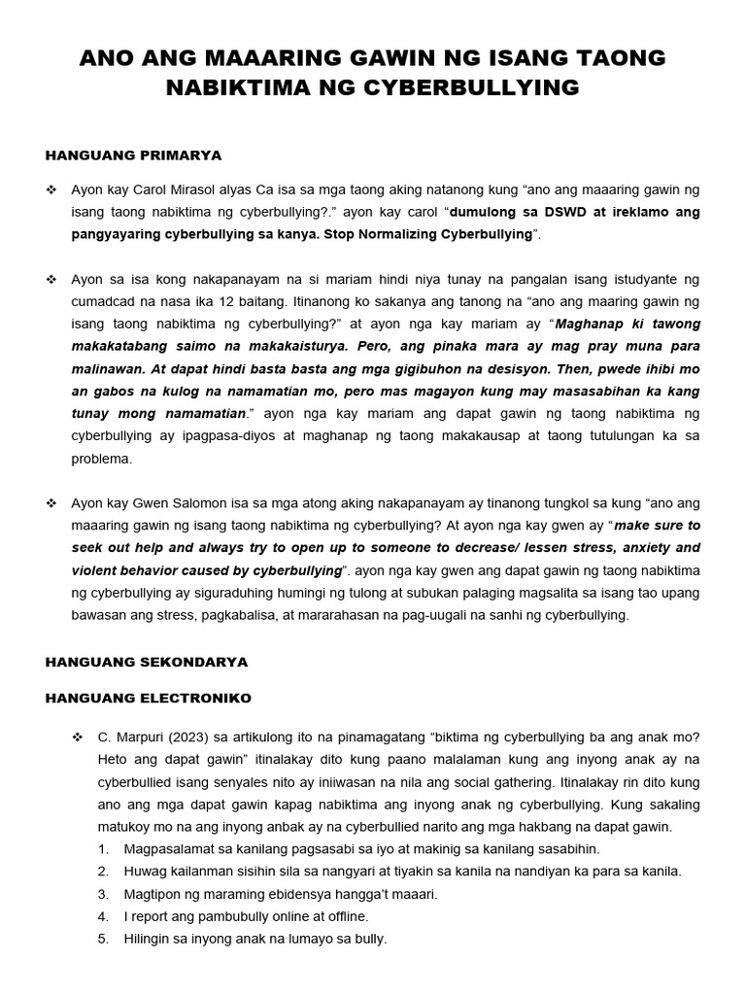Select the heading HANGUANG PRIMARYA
(134, 154)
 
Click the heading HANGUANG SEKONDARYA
(147, 662)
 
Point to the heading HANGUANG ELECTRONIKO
(149, 698)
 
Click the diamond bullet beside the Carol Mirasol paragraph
(51, 189)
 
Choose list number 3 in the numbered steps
(103, 894)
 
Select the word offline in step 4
(343, 916)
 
